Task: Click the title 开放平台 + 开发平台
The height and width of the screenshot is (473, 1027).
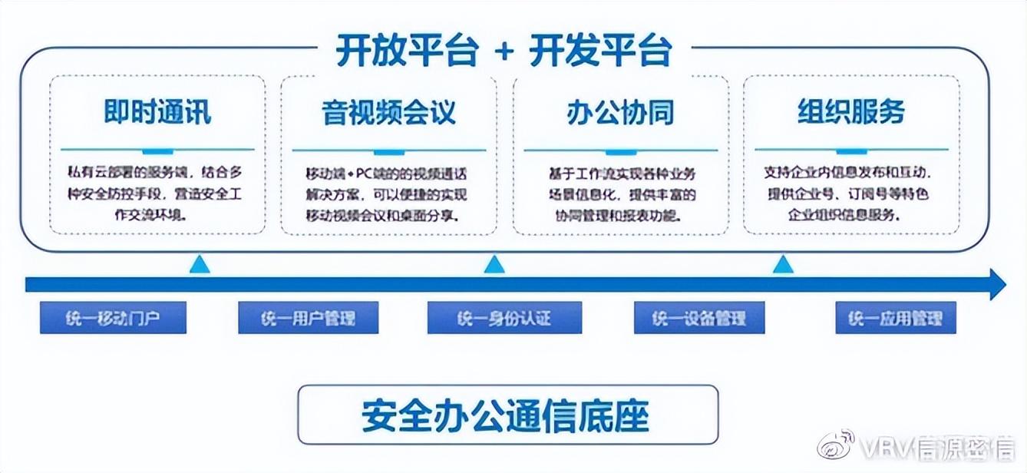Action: click(x=504, y=50)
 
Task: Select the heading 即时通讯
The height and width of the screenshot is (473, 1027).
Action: click(x=157, y=112)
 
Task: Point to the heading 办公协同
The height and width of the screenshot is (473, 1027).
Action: click(x=619, y=112)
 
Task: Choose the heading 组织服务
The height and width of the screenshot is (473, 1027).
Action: click(x=850, y=112)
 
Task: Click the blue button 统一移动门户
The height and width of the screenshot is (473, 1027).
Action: click(x=113, y=318)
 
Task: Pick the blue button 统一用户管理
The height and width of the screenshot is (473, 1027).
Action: click(x=308, y=318)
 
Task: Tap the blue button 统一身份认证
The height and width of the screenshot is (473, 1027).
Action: click(x=504, y=318)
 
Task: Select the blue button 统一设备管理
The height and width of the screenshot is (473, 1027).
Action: click(x=699, y=318)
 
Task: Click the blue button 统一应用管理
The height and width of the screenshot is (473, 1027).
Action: click(x=896, y=318)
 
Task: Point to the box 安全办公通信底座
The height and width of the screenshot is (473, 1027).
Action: click(x=507, y=415)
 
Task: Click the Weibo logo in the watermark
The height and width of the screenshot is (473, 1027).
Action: click(x=834, y=445)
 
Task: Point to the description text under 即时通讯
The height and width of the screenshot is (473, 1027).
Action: click(x=157, y=193)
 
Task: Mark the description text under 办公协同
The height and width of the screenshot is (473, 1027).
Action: click(x=619, y=193)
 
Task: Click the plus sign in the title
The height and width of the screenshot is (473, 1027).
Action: click(x=504, y=51)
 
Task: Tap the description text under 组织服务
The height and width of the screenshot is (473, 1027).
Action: click(x=850, y=193)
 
